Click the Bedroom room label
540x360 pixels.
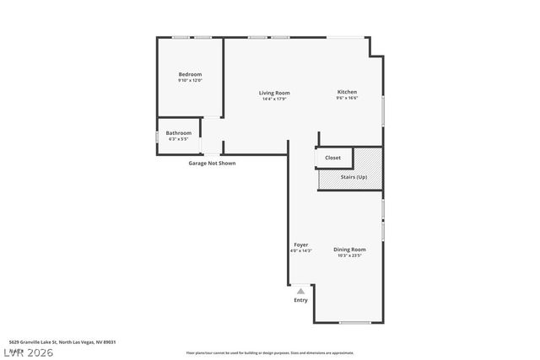pyautogui.click(x=190, y=74)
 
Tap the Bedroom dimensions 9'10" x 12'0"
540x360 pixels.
pyautogui.click(x=190, y=81)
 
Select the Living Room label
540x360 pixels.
pyautogui.click(x=274, y=93)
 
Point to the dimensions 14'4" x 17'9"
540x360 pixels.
pyautogui.click(x=274, y=99)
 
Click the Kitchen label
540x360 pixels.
pyautogui.click(x=347, y=92)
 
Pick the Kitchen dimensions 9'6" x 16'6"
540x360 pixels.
pyautogui.click(x=347, y=99)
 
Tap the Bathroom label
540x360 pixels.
pyautogui.click(x=178, y=132)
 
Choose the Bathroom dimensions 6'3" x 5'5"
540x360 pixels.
pyautogui.click(x=178, y=139)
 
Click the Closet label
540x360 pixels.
pyautogui.click(x=332, y=158)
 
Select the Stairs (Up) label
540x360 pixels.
pyautogui.click(x=354, y=177)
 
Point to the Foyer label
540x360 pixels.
pyautogui.click(x=300, y=244)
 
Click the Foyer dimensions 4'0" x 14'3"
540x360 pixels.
pyautogui.click(x=301, y=251)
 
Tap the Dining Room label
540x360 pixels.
pyautogui.click(x=349, y=249)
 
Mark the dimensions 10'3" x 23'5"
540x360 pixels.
pyautogui.click(x=349, y=255)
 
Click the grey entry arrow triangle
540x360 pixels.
pyautogui.click(x=300, y=291)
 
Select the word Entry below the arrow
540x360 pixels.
pyautogui.click(x=300, y=300)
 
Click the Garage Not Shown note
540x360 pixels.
pyautogui.click(x=212, y=163)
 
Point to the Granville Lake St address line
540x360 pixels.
pyautogui.click(x=62, y=342)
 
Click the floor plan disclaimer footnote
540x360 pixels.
pyautogui.click(x=270, y=353)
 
